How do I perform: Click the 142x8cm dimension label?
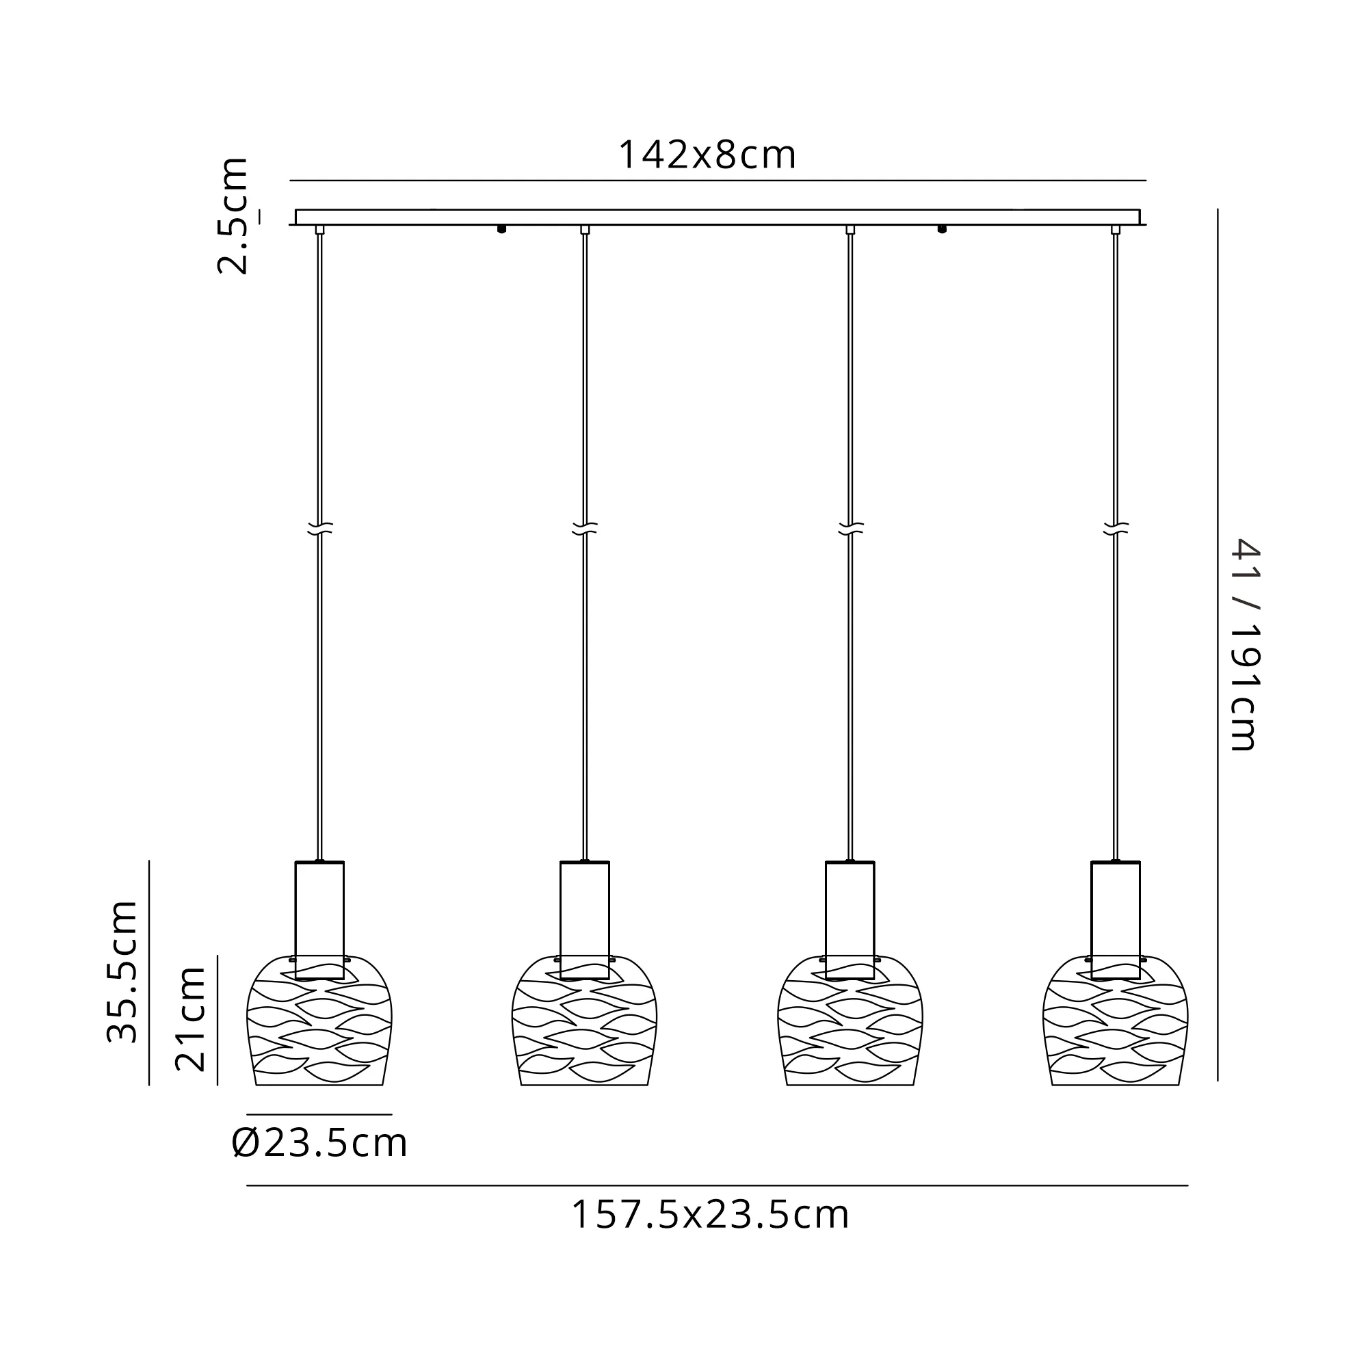click(x=707, y=155)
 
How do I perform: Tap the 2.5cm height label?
click(x=233, y=216)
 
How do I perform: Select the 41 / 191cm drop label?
click(x=1244, y=644)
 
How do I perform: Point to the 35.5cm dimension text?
click(x=121, y=973)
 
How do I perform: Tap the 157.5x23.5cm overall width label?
click(x=709, y=1215)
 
